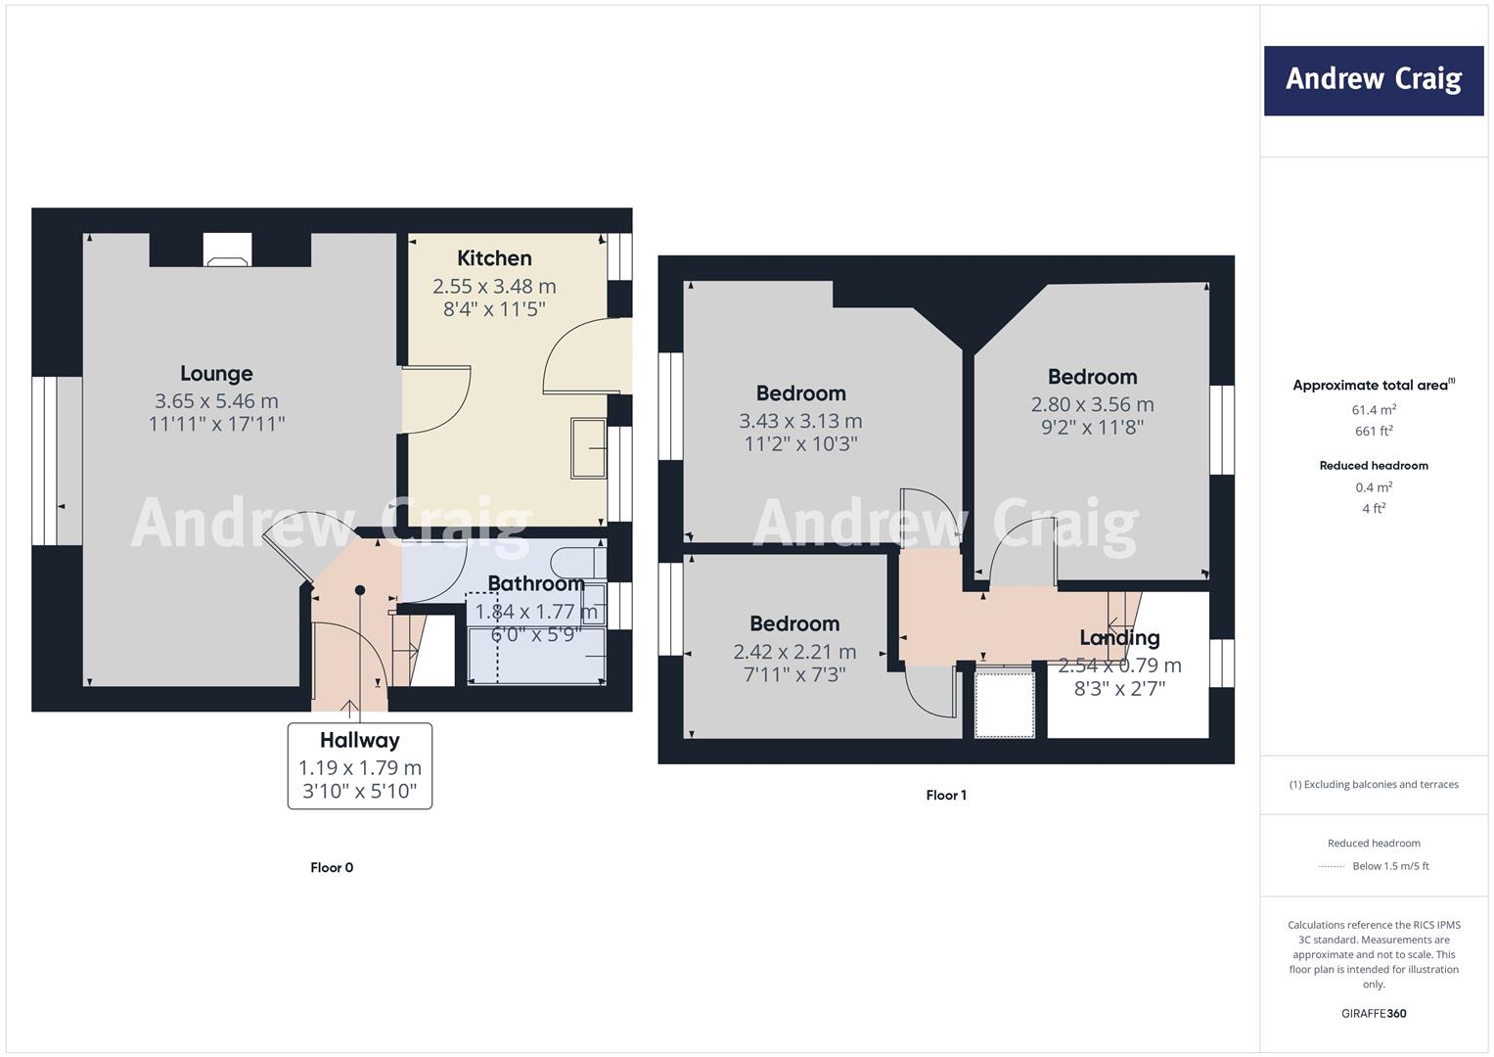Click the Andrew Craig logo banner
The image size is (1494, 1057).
click(1374, 80)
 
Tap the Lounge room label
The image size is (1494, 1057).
click(217, 374)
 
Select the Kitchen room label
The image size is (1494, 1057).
click(494, 258)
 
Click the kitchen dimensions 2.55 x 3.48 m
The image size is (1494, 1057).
click(494, 286)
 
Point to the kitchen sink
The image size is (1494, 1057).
click(588, 448)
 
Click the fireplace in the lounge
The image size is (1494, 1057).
click(227, 250)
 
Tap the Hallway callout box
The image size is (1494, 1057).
click(360, 766)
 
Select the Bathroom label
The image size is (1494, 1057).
click(536, 584)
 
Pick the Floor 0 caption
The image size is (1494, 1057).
click(332, 867)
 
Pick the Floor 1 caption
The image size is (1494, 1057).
click(946, 795)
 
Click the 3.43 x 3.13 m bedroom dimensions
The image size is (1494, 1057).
click(800, 421)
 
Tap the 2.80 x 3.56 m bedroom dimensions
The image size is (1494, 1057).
click(1093, 404)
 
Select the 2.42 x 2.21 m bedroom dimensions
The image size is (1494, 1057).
click(794, 651)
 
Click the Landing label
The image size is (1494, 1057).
click(1120, 638)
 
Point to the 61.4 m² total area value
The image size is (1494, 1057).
click(1374, 410)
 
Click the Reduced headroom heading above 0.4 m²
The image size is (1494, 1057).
click(1374, 466)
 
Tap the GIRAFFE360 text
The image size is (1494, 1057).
click(1374, 1013)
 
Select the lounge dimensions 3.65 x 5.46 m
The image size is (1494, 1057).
click(217, 401)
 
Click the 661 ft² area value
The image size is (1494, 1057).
click(1374, 431)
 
